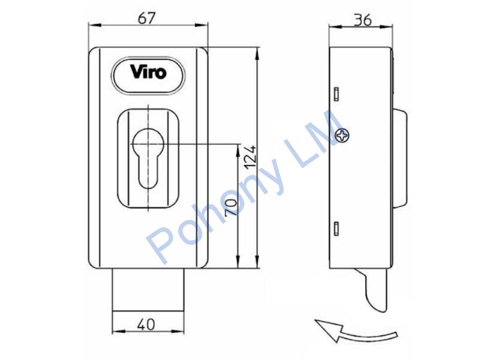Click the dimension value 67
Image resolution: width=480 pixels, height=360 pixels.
146,19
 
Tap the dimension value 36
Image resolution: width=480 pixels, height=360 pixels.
363,20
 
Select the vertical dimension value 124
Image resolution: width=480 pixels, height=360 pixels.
250,157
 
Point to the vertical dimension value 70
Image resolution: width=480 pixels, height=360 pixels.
231,207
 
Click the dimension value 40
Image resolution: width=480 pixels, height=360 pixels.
146,325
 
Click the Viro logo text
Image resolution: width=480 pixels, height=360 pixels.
148,72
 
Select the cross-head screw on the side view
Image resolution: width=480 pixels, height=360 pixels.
342,135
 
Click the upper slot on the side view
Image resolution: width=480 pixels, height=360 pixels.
337,94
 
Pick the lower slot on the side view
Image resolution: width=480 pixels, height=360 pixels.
337,229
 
